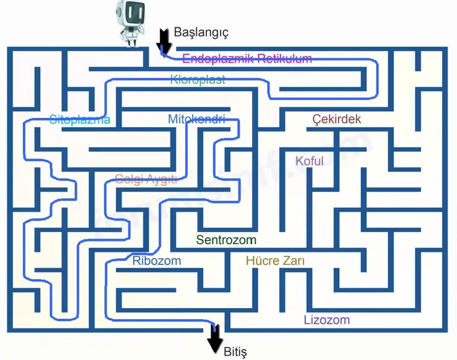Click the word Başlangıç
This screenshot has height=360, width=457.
pyautogui.click(x=201, y=32)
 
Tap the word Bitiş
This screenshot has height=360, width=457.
pyautogui.click(x=235, y=352)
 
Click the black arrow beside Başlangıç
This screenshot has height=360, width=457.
pyautogui.click(x=164, y=40)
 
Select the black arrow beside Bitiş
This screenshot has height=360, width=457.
pyautogui.click(x=215, y=339)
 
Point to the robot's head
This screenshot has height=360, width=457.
pyautogui.click(x=130, y=12)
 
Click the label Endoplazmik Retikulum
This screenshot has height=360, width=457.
pyautogui.click(x=247, y=59)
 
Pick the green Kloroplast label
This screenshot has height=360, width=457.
pyautogui.click(x=198, y=79)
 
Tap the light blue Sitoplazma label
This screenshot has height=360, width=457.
pyautogui.click(x=80, y=120)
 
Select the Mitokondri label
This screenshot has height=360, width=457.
pyautogui.click(x=196, y=119)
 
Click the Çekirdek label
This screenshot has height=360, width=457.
pyautogui.click(x=337, y=119)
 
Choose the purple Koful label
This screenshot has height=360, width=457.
pyautogui.click(x=309, y=161)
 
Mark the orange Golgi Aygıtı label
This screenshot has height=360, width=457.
pyautogui.click(x=146, y=179)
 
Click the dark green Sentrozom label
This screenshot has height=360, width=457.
pyautogui.click(x=226, y=240)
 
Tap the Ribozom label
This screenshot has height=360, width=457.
pyautogui.click(x=156, y=261)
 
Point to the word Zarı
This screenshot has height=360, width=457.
pyautogui.click(x=293, y=261)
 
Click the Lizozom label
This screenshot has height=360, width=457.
pyautogui.click(x=327, y=320)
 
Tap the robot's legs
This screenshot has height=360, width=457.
pyautogui.click(x=131, y=41)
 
